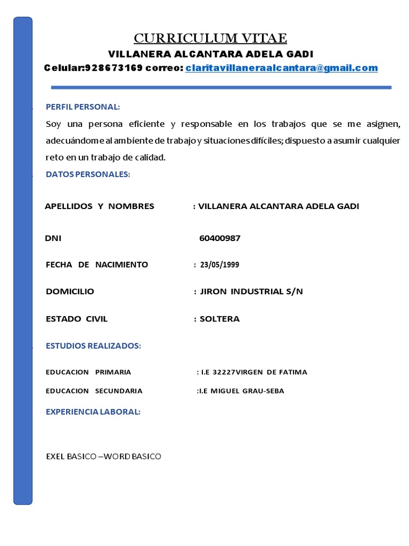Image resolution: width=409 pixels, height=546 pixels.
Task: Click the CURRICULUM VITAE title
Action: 210,38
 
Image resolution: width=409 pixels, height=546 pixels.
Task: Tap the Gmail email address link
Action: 281,68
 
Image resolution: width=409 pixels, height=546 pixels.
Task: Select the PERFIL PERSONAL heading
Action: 83,107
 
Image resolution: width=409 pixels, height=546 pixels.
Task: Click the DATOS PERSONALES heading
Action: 88,174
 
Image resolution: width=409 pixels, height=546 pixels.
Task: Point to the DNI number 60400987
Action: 219,238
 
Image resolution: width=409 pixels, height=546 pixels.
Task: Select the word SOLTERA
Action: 219,319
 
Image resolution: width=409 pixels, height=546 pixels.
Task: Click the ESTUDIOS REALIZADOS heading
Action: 93,346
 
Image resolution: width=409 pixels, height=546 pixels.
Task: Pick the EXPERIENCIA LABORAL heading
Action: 93,412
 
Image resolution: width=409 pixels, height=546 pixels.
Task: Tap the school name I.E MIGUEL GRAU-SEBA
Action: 241,391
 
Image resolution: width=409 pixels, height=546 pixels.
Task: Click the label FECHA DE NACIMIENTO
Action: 97,264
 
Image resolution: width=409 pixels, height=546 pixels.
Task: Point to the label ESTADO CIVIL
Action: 77,319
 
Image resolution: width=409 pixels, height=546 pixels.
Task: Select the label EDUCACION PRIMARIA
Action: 88,372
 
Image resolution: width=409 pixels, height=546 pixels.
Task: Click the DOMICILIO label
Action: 70,292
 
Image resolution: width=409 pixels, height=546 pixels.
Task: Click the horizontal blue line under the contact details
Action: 221,87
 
